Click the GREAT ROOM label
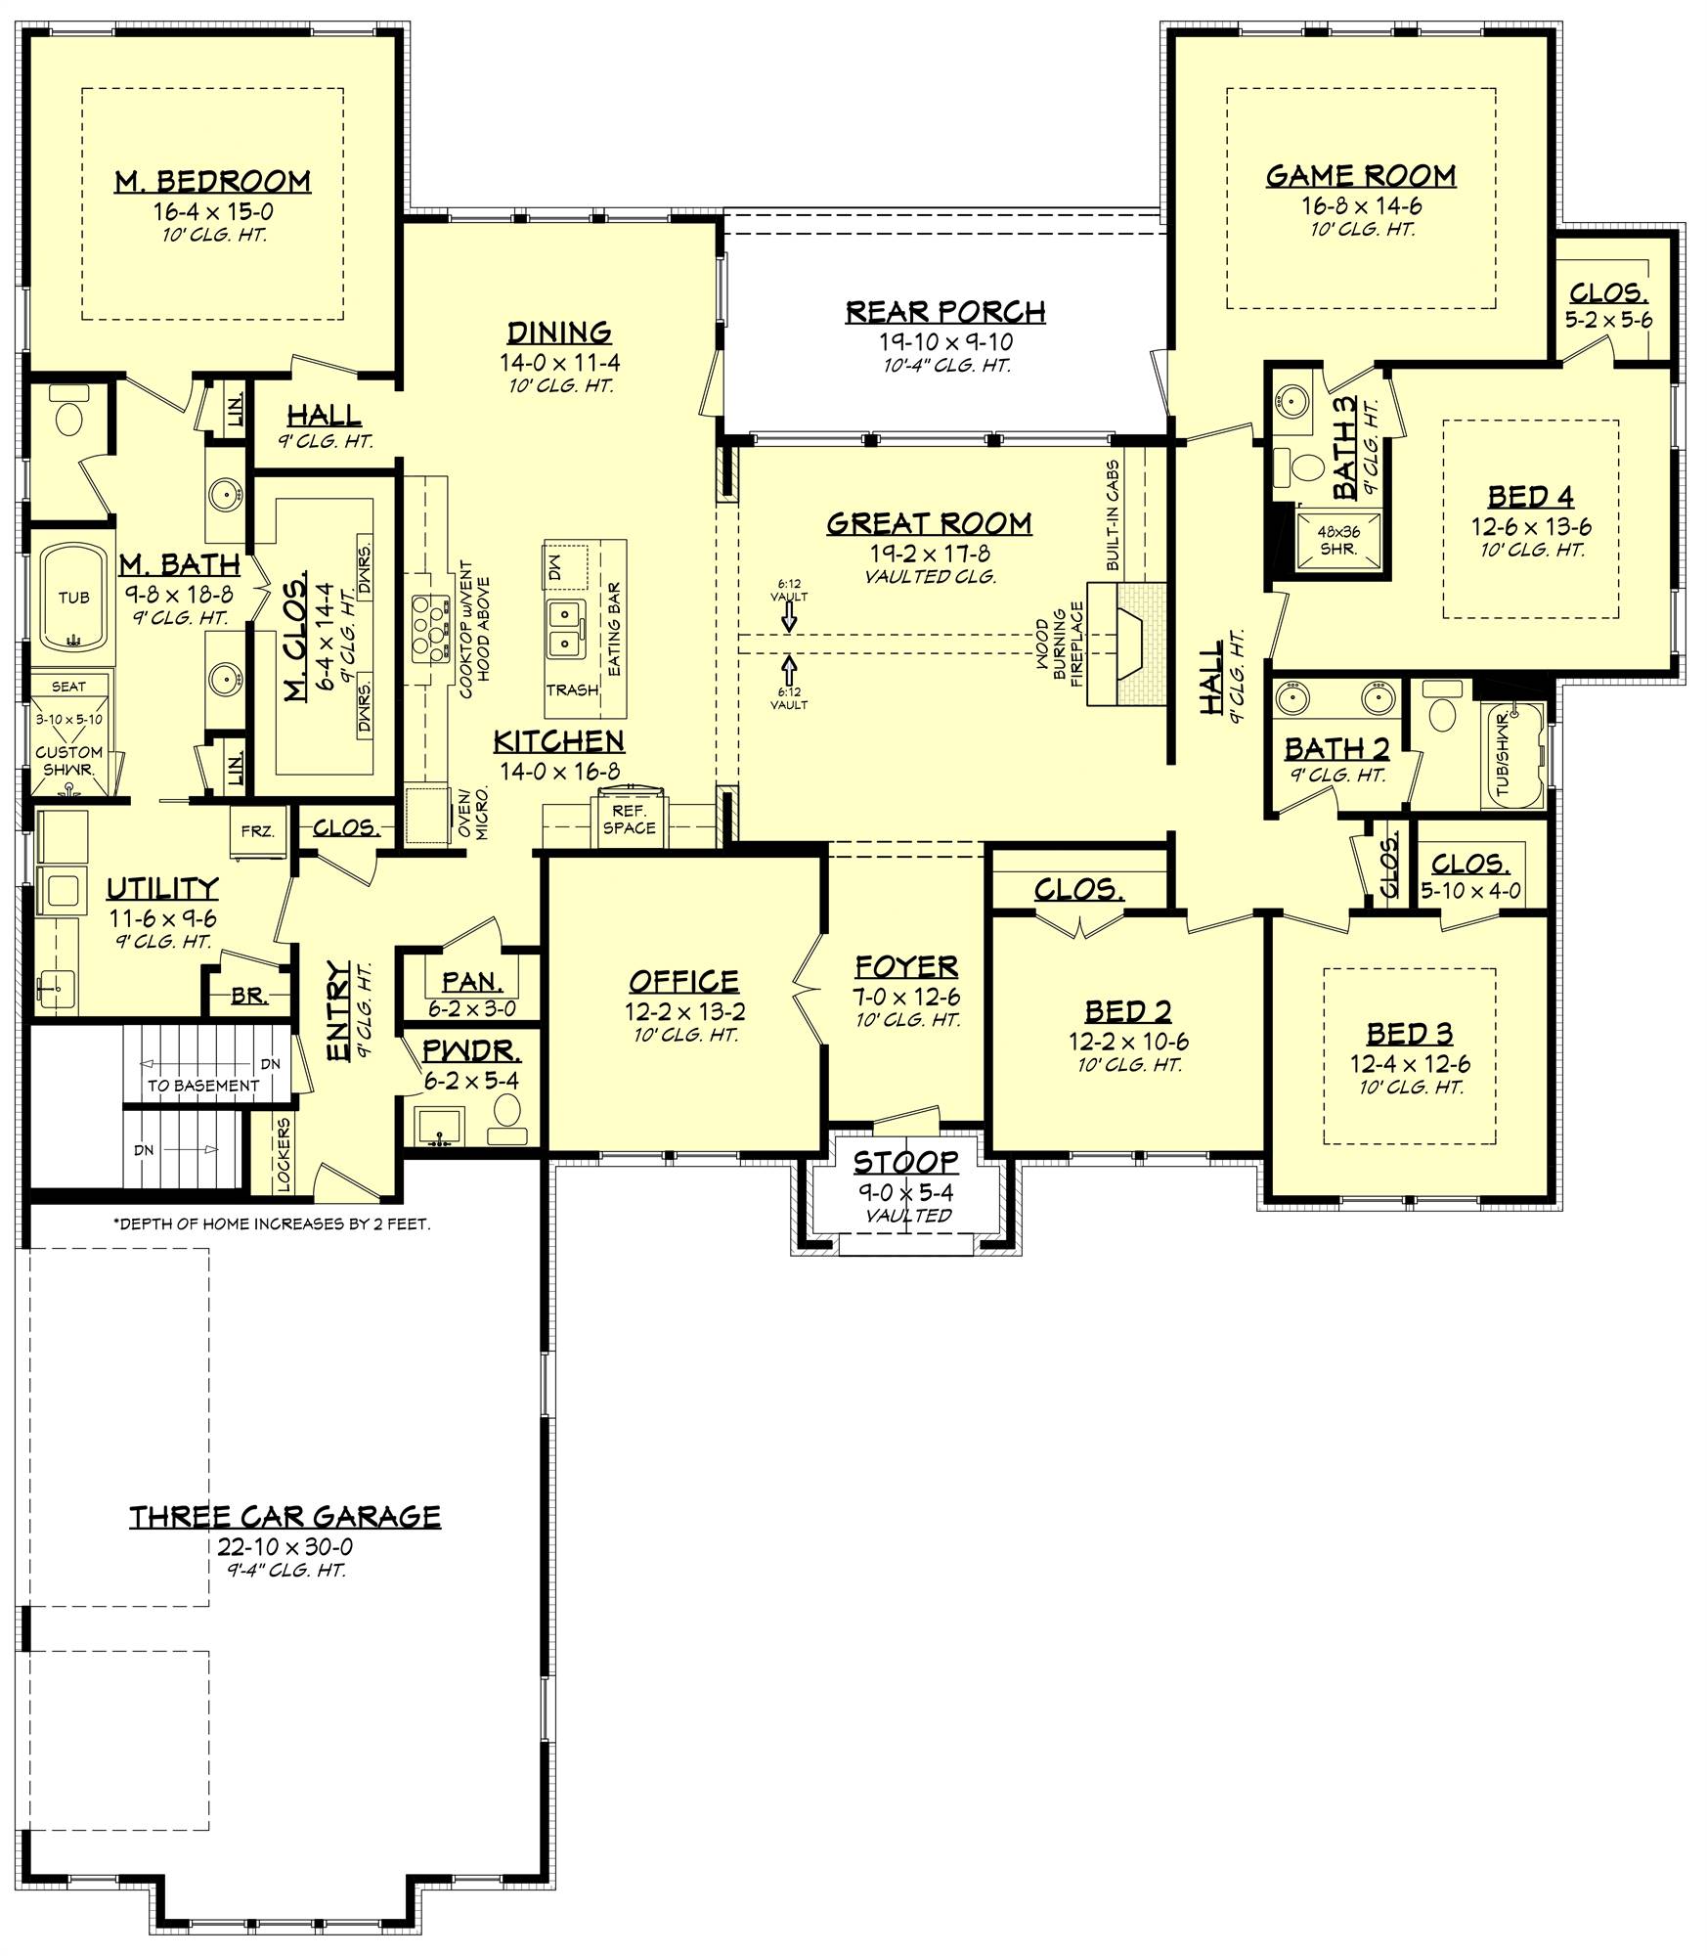(x=928, y=524)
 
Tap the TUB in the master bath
(x=74, y=598)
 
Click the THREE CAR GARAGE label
(x=284, y=1516)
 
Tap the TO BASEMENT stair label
(x=203, y=1085)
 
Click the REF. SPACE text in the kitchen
(x=629, y=820)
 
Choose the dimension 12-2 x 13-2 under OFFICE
(x=684, y=1012)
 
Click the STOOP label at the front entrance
(x=905, y=1162)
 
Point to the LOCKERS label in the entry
(x=284, y=1155)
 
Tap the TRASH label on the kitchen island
(x=572, y=690)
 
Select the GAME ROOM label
(x=1360, y=176)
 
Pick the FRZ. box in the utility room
(x=258, y=831)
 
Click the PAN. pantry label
(x=472, y=981)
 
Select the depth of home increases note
(x=272, y=1223)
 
